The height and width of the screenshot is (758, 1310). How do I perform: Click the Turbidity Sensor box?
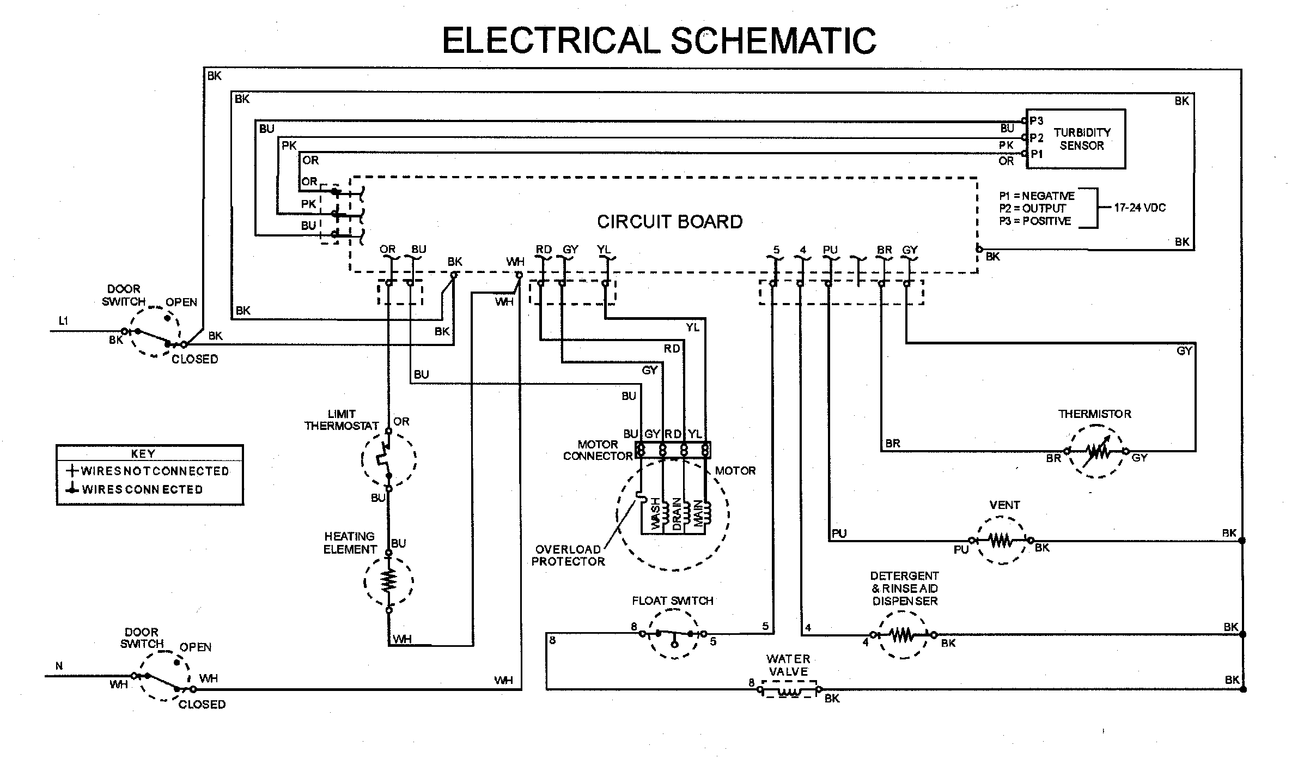click(x=1076, y=138)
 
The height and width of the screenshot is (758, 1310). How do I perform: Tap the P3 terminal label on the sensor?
click(x=1037, y=121)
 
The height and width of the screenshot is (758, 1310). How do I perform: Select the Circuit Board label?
click(x=669, y=222)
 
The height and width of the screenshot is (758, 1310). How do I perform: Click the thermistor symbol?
click(x=1095, y=451)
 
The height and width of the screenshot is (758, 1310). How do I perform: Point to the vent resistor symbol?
click(x=1001, y=541)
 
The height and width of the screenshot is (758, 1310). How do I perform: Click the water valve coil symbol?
click(x=788, y=690)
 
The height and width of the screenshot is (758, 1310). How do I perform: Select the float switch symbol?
click(x=674, y=634)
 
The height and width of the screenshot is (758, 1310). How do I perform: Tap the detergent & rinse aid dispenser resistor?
click(x=903, y=634)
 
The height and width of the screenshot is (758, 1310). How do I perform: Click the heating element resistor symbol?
click(x=389, y=581)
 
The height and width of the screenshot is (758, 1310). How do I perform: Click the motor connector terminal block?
click(x=673, y=450)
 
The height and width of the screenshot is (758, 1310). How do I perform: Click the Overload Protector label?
click(x=568, y=555)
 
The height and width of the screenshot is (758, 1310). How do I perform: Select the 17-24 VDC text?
click(x=1140, y=208)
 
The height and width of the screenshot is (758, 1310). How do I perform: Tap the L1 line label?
click(x=63, y=321)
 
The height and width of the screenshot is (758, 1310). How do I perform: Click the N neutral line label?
click(x=59, y=666)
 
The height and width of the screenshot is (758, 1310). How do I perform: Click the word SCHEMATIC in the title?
click(x=773, y=40)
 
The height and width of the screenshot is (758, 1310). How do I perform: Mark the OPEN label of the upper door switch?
click(x=181, y=302)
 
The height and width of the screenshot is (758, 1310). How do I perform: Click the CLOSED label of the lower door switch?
click(x=202, y=705)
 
